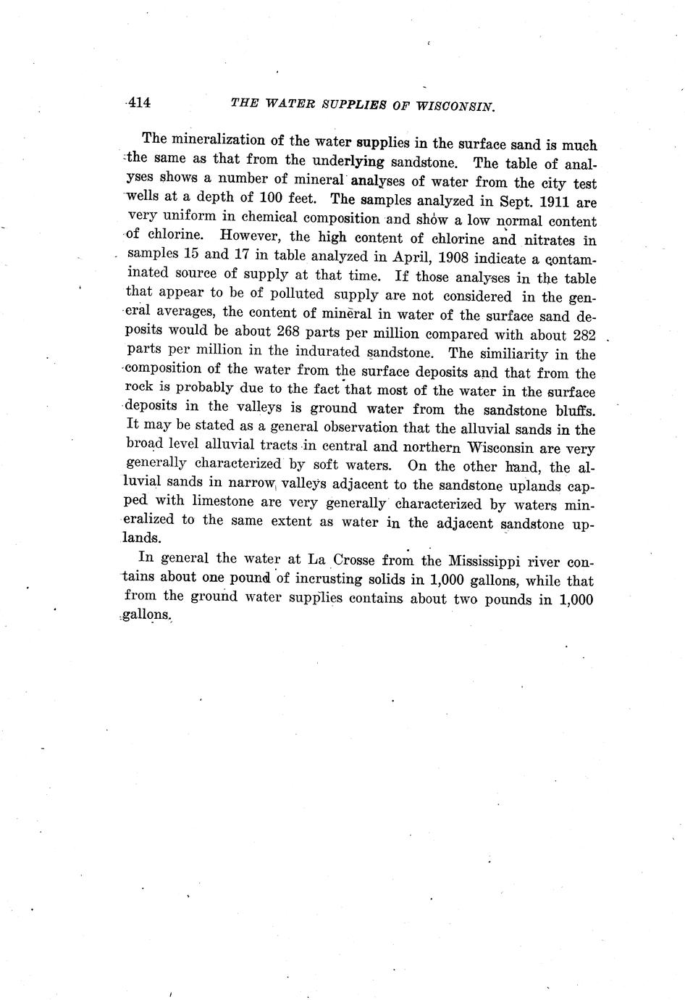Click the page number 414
138,103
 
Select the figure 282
581,335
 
